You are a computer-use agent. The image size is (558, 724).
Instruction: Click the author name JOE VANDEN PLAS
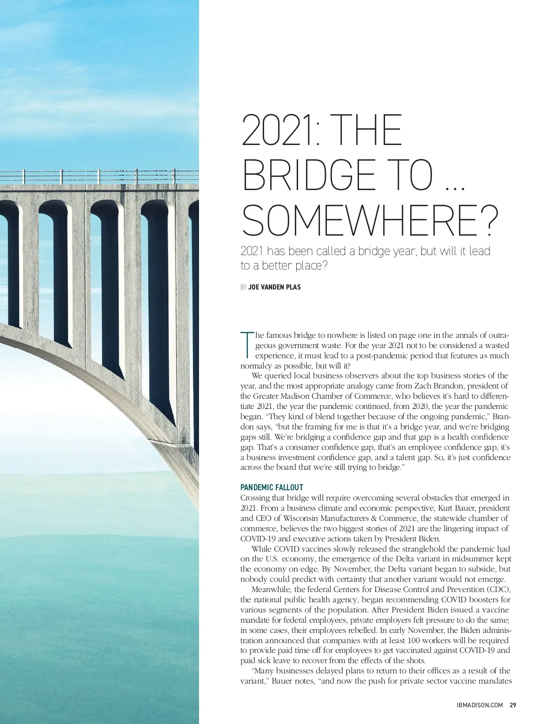coord(275,287)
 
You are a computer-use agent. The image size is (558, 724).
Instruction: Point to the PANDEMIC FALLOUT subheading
coord(272,487)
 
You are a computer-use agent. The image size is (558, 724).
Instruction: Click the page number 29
coord(513,705)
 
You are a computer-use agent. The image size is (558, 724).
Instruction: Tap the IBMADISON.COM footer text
coord(479,705)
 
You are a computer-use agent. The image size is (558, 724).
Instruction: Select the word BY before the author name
coord(244,287)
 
